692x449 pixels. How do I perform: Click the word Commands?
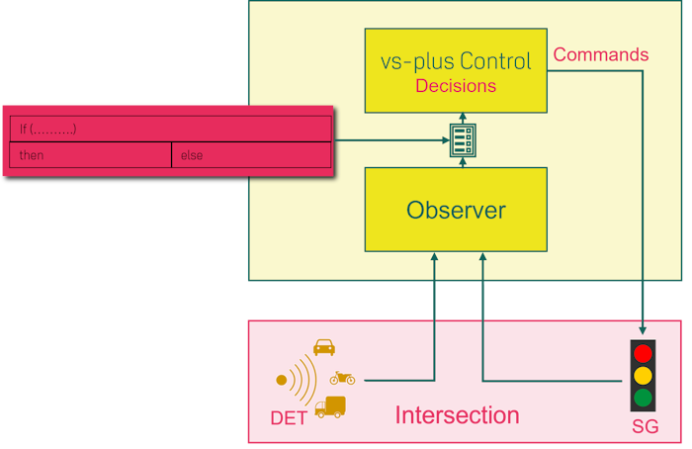[601, 54]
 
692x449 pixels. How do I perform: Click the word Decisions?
[456, 86]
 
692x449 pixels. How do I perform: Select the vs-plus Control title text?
[456, 61]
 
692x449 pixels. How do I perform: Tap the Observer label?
[456, 210]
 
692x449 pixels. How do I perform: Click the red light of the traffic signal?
[643, 353]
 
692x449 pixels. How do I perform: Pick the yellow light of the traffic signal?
[643, 376]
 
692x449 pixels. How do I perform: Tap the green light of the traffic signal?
[643, 398]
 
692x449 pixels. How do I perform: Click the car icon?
[324, 347]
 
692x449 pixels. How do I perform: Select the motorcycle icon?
[343, 377]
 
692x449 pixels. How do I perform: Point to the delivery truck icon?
[330, 406]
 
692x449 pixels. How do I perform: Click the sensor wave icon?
[297, 379]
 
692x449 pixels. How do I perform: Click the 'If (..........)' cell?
[170, 129]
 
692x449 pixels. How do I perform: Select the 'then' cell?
[90, 155]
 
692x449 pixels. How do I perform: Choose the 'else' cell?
[251, 155]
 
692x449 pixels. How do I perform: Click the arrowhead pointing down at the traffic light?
[644, 329]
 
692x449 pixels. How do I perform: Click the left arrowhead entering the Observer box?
[434, 257]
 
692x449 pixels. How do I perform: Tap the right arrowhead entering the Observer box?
[482, 257]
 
